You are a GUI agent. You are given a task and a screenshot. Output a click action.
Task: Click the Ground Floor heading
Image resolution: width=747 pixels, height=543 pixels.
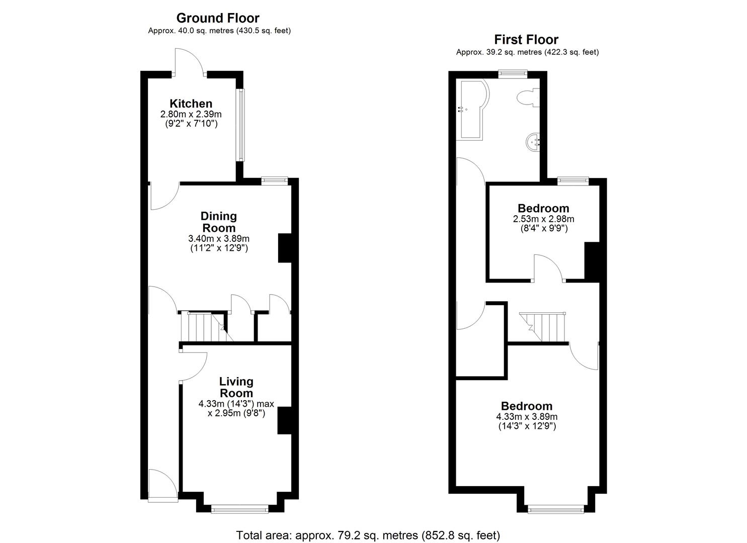coord(218,18)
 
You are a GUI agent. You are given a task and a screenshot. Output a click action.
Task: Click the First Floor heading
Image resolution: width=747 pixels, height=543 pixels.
coord(526,39)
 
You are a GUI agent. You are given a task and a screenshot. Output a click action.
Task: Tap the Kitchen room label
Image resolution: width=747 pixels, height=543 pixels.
coord(191,104)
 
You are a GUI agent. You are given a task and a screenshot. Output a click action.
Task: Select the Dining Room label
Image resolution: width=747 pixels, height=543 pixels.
coord(218,222)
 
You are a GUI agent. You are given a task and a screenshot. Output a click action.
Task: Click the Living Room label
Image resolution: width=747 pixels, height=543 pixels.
coord(236,387)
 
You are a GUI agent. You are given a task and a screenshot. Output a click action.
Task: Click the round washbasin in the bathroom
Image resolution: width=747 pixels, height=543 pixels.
coord(533,141)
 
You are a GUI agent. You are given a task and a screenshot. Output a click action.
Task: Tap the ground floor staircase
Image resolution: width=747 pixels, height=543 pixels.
coord(202,327)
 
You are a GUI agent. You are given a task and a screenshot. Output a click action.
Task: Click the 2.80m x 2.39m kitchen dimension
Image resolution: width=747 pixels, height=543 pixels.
coord(191,115)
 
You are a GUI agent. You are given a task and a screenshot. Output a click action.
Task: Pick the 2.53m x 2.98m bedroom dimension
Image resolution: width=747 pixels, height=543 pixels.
coord(543,219)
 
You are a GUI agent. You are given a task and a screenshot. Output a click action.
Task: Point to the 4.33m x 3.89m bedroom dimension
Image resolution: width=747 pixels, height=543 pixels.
coord(527,417)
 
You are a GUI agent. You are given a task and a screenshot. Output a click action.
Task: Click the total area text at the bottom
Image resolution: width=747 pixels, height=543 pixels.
coord(368,535)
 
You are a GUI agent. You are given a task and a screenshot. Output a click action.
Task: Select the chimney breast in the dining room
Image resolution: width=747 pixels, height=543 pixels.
coord(284,248)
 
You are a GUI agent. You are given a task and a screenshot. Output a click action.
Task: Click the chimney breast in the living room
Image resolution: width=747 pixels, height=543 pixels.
coord(284,420)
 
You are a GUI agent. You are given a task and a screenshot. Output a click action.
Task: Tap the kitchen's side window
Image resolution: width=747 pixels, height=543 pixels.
coord(241,125)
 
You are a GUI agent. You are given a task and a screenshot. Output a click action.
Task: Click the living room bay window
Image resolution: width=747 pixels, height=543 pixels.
coord(239,509)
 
